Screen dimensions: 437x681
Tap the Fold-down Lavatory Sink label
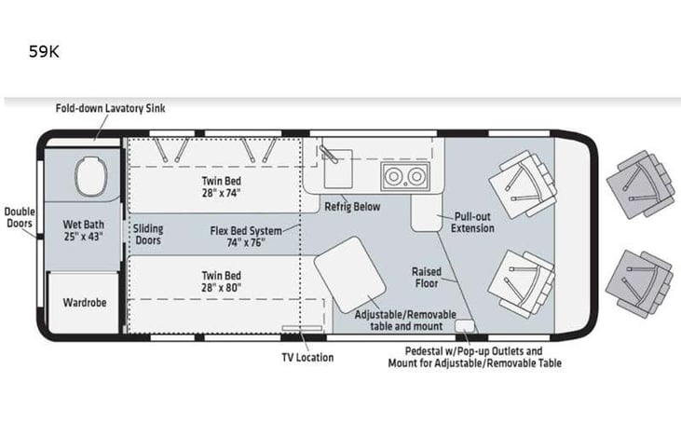[x=110, y=108]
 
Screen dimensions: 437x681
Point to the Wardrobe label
[x=83, y=303]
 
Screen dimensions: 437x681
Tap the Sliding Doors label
[x=147, y=234]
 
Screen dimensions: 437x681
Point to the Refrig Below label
[x=352, y=206]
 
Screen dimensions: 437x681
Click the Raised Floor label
[x=427, y=278]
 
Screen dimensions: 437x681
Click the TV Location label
[x=306, y=357]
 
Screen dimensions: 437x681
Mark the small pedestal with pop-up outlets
[x=464, y=325]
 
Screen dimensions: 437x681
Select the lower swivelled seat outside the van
[x=640, y=280]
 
